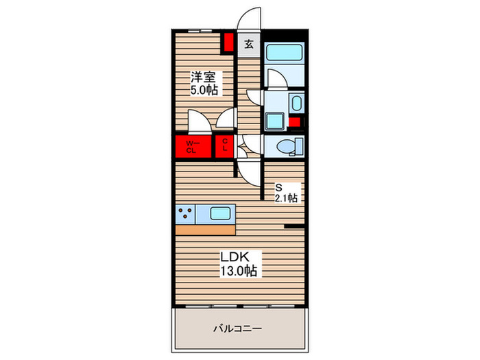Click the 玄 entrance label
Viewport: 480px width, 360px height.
tap(248, 45)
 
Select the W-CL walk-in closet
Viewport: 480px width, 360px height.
tap(192, 146)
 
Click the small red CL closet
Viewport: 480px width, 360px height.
tap(224, 147)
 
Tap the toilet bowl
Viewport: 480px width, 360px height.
tap(285, 145)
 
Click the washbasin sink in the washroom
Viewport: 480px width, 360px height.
tap(295, 104)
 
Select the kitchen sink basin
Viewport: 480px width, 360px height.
tap(219, 213)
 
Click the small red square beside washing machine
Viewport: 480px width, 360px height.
tap(294, 123)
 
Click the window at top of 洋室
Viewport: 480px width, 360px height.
tap(198, 32)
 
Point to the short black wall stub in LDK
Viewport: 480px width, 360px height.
tap(295, 226)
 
